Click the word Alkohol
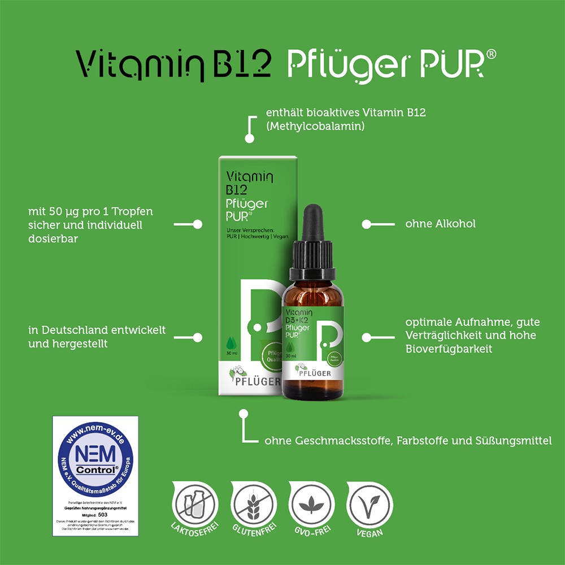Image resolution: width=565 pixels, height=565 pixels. click(455, 224)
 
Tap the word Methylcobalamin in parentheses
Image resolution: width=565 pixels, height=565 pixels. click(315, 127)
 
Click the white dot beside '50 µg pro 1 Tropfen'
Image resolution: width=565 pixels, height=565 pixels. click(197, 224)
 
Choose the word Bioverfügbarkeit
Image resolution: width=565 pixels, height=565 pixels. click(449, 349)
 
